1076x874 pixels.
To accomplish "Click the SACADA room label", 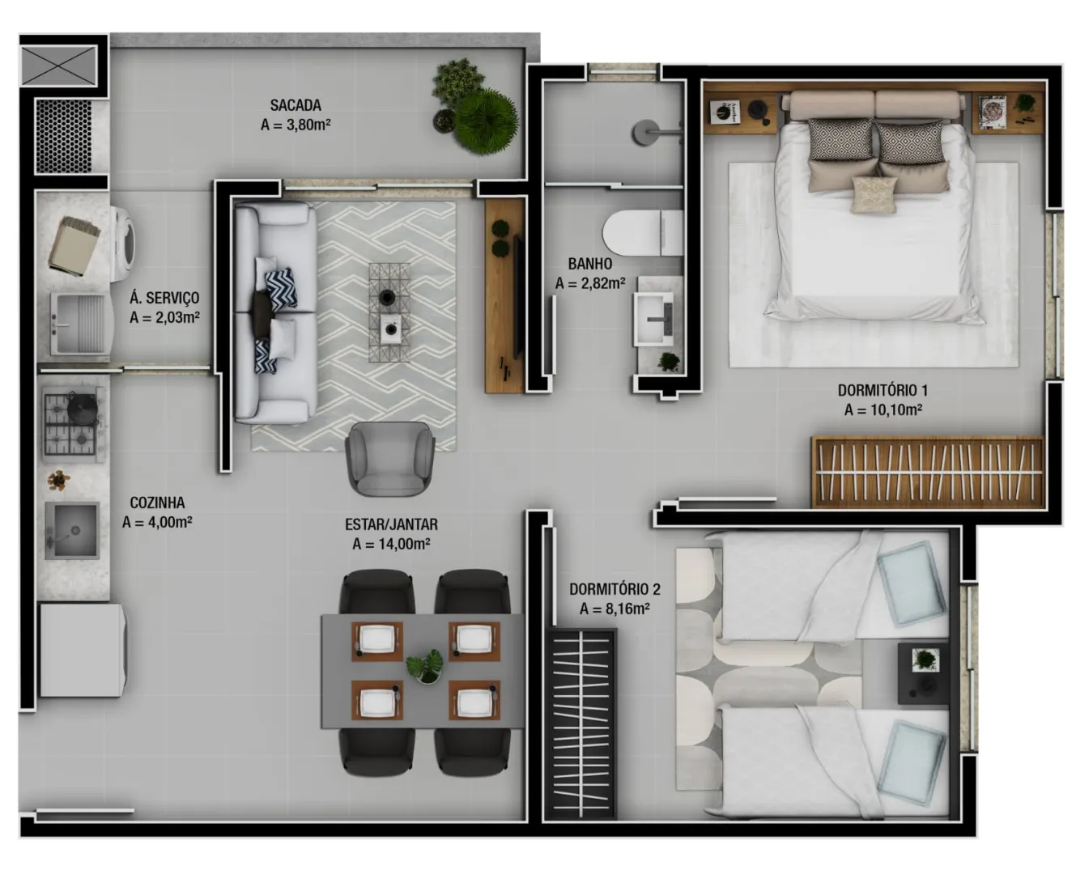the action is tap(296, 105).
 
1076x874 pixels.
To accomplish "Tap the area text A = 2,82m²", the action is tap(590, 283).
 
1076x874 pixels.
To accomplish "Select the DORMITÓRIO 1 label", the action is tap(882, 390).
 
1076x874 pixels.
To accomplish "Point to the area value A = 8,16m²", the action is tap(615, 609).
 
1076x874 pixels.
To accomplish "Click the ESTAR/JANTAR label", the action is tap(392, 524).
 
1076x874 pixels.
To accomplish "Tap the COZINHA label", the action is tap(158, 503).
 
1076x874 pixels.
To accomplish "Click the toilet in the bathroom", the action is tap(643, 233).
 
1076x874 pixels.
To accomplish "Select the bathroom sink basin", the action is tap(653, 319).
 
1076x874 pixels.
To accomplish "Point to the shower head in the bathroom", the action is tap(646, 132).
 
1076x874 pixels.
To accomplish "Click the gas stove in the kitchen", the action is tap(73, 425).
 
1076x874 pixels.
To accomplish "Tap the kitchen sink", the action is tap(72, 530).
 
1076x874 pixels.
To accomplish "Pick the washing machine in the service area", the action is tap(123, 244).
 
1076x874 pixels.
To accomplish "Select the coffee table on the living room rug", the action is tap(389, 312).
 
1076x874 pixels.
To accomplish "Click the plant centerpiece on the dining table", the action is tap(425, 666).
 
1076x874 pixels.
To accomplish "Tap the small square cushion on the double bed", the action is tap(874, 194).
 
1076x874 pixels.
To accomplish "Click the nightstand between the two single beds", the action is tap(924, 673).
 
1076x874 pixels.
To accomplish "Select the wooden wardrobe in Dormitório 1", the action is tap(928, 472).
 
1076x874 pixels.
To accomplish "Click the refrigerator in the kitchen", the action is tap(83, 651).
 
